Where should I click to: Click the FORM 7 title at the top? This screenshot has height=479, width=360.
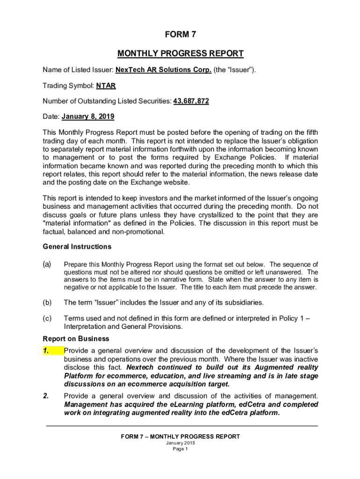pos(180,34)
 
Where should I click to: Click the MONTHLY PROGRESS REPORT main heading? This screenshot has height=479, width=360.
pos(180,53)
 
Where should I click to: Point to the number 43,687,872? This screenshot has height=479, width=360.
pos(191,101)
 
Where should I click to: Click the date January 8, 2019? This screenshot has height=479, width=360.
pos(88,116)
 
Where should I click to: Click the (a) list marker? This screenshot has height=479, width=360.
pos(47,264)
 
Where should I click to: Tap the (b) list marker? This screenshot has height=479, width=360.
pos(47,302)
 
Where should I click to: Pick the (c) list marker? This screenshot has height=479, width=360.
pos(47,319)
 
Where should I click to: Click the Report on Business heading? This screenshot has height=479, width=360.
pos(69,339)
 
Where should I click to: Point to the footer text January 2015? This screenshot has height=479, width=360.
pos(180,443)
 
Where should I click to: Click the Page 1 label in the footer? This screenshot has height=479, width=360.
pos(180,449)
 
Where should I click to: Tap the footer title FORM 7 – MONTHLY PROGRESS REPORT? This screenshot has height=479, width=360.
pos(180,436)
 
